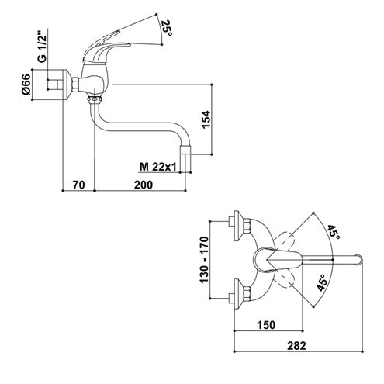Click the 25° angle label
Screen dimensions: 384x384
166,28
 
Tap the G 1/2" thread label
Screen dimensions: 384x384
42,47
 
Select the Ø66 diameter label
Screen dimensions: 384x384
26,85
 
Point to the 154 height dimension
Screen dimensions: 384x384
206,119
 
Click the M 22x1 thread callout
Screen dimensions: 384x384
157,167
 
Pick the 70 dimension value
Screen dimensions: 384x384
78,185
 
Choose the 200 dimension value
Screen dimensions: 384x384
144,185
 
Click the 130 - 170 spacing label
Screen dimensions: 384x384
204,260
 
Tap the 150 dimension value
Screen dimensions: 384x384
266,325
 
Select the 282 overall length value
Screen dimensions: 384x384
296,346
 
